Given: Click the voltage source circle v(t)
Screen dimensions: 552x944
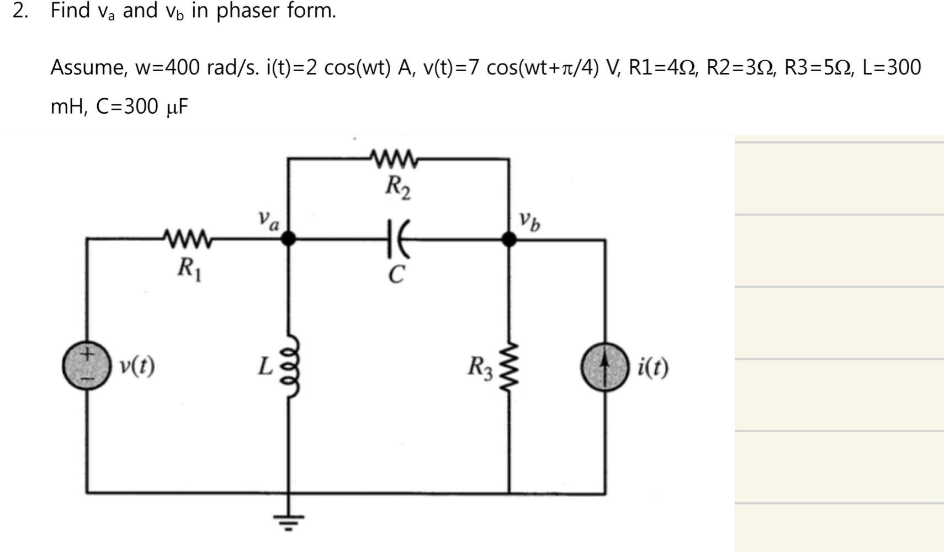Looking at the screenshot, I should (86, 366).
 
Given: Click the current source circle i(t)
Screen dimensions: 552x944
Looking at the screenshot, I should (604, 368).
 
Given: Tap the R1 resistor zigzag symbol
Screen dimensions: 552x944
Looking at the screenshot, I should (188, 238).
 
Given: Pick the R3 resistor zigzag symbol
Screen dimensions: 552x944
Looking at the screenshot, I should (508, 367).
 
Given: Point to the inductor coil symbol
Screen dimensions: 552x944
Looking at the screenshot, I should (291, 367).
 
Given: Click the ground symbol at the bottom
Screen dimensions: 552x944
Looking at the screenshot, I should (288, 520).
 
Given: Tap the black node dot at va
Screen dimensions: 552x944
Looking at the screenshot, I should (288, 238).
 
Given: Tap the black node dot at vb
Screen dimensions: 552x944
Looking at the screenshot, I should (508, 239).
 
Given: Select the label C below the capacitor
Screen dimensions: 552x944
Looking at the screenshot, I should (396, 274).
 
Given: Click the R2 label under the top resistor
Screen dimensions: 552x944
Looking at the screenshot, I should (397, 187).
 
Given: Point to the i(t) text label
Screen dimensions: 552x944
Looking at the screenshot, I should (653, 367).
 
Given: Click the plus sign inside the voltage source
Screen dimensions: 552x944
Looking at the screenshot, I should (87, 354).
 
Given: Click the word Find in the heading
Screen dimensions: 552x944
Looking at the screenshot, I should (70, 10).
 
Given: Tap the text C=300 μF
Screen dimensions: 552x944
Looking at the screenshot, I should (142, 107).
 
